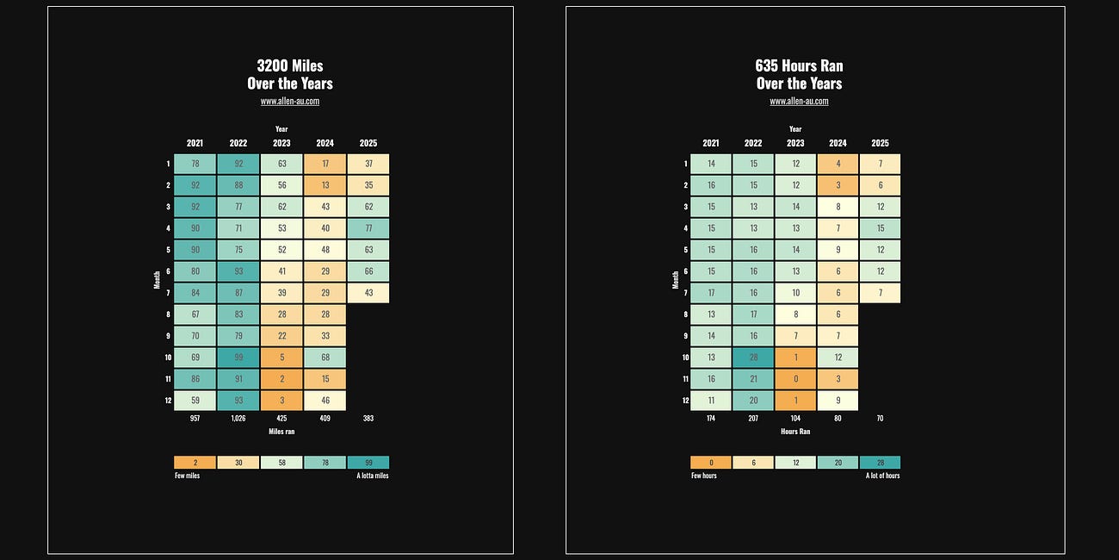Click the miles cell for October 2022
coord(238,358)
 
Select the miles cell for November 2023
coord(281,379)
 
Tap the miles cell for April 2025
coord(368,228)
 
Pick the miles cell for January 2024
coord(325,164)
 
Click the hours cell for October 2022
coord(753,358)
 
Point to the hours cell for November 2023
coord(796,379)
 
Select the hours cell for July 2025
coord(881,293)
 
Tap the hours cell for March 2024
coord(838,207)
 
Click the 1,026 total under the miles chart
coord(238,418)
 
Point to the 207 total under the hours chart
coord(753,418)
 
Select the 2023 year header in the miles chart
coord(281,143)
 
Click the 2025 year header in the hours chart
coord(881,143)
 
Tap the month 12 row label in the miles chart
coord(168,401)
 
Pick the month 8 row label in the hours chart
coord(685,314)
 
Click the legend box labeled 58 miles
coord(281,463)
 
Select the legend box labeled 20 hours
coord(838,463)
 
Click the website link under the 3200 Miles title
coord(290,101)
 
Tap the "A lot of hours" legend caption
coord(882,476)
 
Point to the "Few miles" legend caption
coord(188,476)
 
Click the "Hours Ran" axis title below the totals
coord(795,432)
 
